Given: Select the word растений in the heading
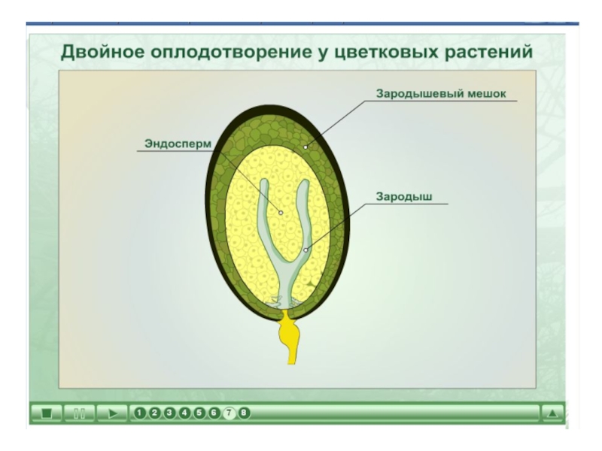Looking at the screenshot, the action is pyautogui.click(x=488, y=53).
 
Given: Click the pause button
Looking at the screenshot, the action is pyautogui.click(x=79, y=413).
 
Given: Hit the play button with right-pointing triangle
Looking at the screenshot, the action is pyautogui.click(x=113, y=413).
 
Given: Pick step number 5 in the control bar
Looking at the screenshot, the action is pyautogui.click(x=199, y=413).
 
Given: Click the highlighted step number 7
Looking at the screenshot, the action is pyautogui.click(x=230, y=413).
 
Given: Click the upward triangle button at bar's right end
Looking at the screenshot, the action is pyautogui.click(x=552, y=413).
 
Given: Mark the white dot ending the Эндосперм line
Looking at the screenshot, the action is pyautogui.click(x=281, y=212).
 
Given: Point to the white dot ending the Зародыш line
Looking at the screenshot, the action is pyautogui.click(x=306, y=250).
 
